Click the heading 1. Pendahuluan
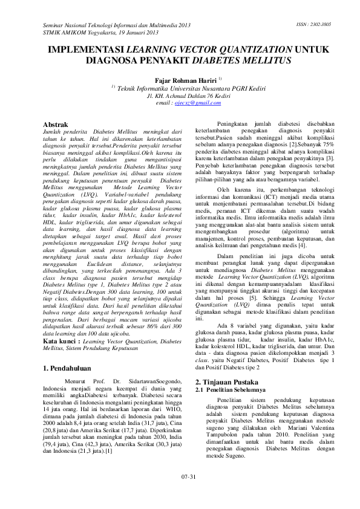(x=68, y=351)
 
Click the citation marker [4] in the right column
(x=303, y=245)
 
